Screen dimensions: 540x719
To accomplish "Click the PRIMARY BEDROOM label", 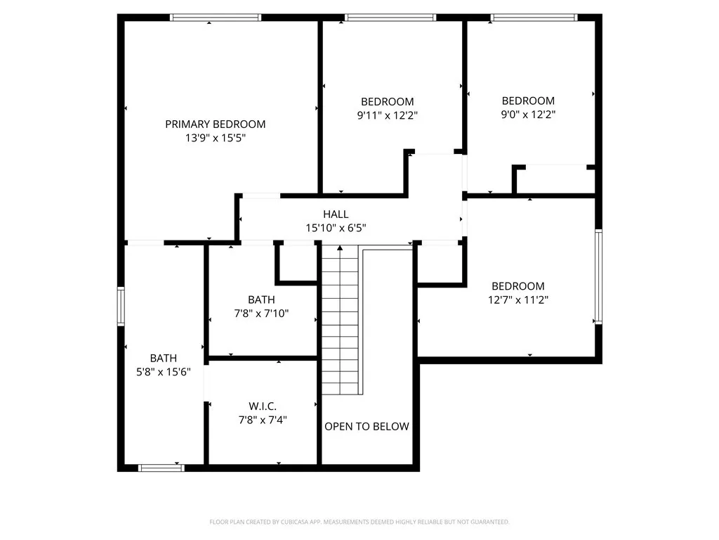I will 215,124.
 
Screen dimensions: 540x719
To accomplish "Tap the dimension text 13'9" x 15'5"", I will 215,139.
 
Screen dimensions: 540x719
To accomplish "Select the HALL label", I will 336,214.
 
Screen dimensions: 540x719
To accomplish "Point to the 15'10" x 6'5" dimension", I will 336,228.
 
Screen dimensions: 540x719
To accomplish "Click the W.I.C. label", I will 263,406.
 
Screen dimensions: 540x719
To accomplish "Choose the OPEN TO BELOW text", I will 367,426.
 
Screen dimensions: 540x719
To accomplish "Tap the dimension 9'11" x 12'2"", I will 388,115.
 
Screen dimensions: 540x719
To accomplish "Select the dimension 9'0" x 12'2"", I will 528,114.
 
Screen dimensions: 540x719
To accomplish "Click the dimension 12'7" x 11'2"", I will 518,300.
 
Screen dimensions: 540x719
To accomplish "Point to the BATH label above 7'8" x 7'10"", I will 261,300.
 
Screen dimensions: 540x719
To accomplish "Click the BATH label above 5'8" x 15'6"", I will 164,358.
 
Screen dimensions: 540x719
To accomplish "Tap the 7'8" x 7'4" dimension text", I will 263,420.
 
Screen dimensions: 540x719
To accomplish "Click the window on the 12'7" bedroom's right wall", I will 598,276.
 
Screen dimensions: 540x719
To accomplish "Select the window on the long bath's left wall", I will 121,309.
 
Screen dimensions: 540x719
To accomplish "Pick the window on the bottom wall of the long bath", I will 161,468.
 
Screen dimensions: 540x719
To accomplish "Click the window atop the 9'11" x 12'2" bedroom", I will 390,18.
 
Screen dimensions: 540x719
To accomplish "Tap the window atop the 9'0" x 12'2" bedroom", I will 534,18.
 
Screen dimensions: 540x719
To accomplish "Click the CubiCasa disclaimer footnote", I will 359,522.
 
